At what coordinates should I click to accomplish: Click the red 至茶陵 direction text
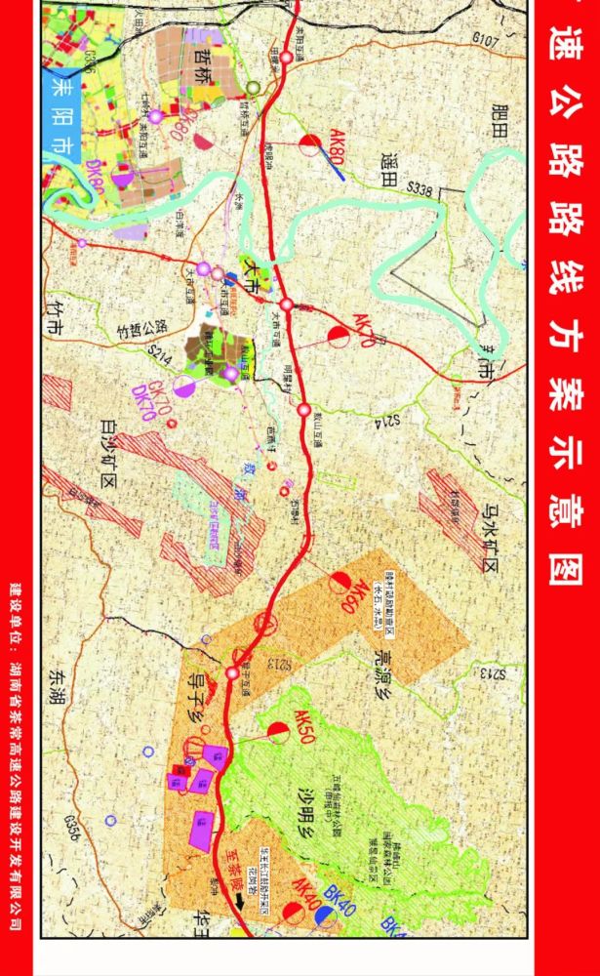(235, 866)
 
